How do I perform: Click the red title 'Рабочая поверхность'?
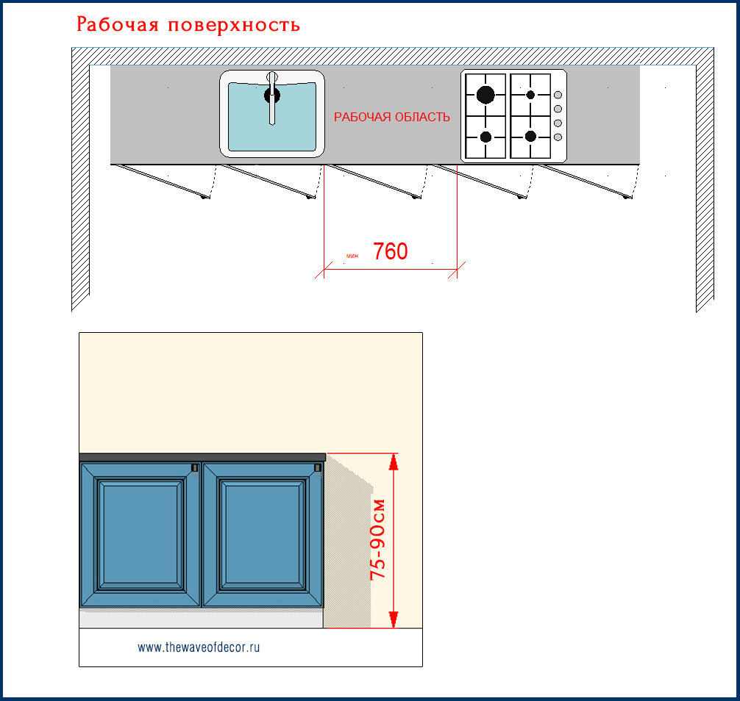tap(188, 25)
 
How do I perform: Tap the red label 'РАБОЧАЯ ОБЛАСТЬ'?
tap(392, 118)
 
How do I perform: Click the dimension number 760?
tap(390, 252)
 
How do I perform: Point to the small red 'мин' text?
tap(352, 256)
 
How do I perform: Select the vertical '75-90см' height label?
tap(378, 539)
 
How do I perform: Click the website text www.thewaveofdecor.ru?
tap(199, 647)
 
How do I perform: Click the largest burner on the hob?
tap(485, 94)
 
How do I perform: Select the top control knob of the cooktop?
tap(557, 95)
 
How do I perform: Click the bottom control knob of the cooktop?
tap(557, 137)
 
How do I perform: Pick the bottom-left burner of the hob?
tap(485, 136)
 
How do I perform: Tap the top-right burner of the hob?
tap(530, 95)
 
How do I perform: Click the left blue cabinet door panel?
tap(140, 535)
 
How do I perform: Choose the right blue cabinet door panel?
tap(263, 535)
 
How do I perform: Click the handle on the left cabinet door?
tap(195, 467)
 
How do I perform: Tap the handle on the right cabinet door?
tap(318, 467)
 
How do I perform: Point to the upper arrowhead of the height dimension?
tap(394, 461)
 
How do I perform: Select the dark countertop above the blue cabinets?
tap(202, 457)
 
